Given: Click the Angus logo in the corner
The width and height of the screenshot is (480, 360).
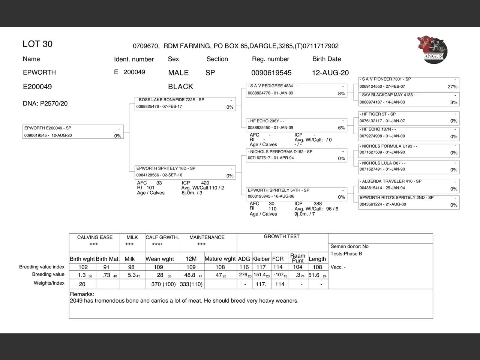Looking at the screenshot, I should [x=432, y=49].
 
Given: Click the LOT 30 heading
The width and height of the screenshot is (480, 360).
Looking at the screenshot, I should [x=37, y=44].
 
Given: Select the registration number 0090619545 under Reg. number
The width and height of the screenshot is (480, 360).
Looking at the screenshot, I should [x=271, y=73].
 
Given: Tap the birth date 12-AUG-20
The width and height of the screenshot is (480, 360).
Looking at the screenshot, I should [x=330, y=73].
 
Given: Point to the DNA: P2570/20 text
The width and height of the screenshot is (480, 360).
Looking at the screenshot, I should [x=45, y=103].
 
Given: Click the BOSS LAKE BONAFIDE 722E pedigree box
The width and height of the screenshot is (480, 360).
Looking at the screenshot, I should [x=185, y=104].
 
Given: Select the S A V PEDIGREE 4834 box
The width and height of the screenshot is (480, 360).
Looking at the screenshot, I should [x=296, y=90].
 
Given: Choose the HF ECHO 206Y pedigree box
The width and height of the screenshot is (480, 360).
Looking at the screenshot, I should [x=296, y=124].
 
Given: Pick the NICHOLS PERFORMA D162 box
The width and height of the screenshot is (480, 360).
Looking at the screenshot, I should [x=296, y=155].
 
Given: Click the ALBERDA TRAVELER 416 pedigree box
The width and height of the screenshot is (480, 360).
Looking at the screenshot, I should [x=409, y=185].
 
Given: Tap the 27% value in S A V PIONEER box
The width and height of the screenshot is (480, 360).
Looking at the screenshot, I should [x=452, y=87].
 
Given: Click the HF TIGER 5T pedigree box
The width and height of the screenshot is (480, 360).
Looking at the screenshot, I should [x=409, y=118].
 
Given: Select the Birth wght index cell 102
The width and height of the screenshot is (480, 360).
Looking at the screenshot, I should [x=83, y=267].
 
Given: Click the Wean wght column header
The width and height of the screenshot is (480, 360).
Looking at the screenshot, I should [x=160, y=259].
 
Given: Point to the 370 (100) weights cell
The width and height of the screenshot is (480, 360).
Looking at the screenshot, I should [x=163, y=284].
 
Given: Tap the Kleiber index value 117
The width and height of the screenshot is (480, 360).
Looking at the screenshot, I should [x=261, y=267].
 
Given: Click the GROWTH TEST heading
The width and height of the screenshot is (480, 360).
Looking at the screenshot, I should [x=282, y=237].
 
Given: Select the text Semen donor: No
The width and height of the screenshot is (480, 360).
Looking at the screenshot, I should [x=349, y=246].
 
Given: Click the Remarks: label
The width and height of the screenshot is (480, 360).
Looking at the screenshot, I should [x=82, y=294].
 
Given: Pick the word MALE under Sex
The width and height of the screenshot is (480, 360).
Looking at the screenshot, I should [x=178, y=73].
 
